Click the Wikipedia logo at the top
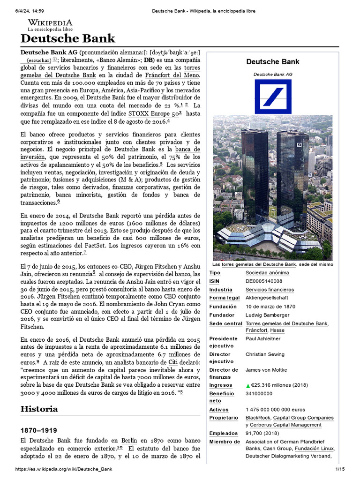[50, 24]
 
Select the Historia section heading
[39, 409]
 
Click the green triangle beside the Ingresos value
[248, 386]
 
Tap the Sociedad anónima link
[267, 273]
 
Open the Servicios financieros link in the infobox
[270, 290]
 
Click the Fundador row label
[222, 315]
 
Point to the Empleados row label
[224, 434]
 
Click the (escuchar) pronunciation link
[39, 60]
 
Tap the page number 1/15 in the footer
[339, 469]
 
